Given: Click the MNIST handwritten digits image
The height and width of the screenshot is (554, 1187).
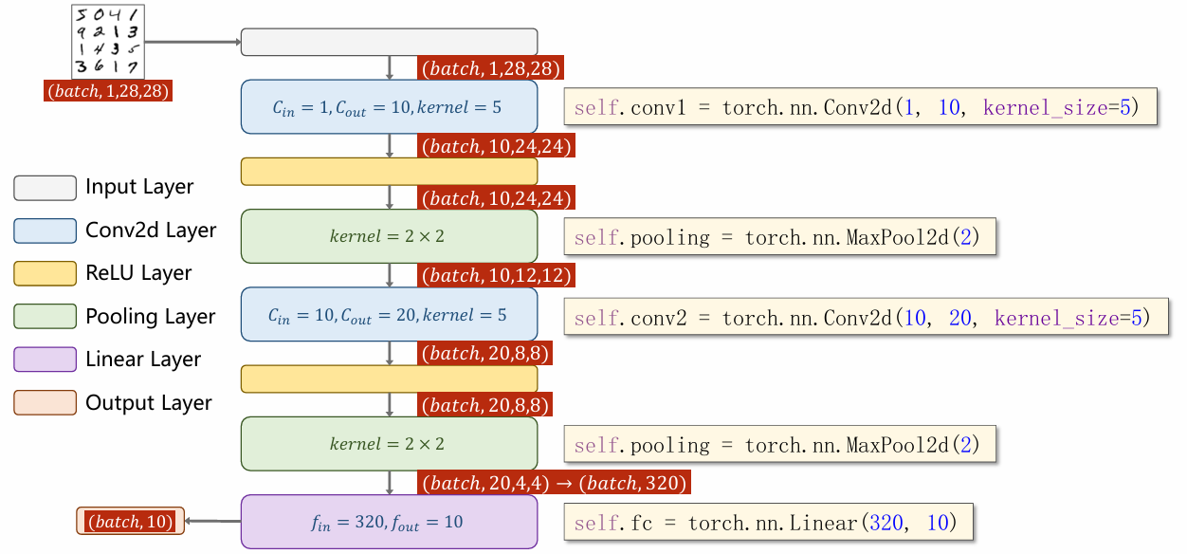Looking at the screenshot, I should pos(107,41).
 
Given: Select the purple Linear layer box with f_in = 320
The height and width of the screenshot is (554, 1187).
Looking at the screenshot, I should pos(389,522).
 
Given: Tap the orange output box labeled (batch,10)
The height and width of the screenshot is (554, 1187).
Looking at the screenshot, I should pos(130,521).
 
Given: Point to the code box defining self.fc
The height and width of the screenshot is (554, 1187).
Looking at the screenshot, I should pos(769,523).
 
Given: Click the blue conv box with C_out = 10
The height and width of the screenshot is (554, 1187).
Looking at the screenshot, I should pos(389,106).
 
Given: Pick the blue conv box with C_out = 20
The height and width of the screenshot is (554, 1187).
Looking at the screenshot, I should pos(389,314).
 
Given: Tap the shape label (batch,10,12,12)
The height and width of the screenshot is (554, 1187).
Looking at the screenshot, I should pos(496,276).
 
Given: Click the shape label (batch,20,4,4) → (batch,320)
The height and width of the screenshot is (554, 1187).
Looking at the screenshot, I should pos(554,483).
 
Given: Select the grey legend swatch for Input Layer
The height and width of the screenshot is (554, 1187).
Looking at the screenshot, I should pos(45,188).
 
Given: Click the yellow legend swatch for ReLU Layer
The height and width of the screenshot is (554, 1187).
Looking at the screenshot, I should pos(45,274).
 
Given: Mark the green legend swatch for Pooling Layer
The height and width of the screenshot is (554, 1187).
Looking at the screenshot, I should pos(45,317).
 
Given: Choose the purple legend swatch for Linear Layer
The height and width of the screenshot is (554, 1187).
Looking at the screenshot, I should pos(45,360).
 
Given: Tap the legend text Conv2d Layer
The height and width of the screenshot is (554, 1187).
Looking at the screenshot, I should pos(151,231).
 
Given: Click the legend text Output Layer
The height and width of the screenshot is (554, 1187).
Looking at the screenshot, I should pos(149,403).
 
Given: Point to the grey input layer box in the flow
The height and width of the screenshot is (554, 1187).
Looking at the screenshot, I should pos(389,42).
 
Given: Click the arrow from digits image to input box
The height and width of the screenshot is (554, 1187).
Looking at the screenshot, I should pos(192,42).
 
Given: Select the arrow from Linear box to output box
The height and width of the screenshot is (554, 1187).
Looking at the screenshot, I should pos(211,521).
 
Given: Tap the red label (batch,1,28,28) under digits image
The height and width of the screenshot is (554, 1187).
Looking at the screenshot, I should pos(108,92).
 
